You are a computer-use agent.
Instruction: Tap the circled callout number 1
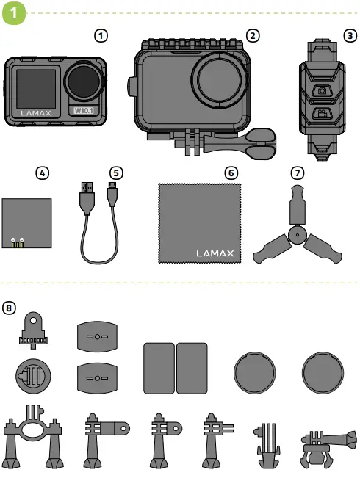tap(103, 35)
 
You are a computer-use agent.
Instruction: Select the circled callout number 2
tap(253, 35)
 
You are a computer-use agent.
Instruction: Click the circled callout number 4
tap(43, 173)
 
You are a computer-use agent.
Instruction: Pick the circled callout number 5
tap(116, 173)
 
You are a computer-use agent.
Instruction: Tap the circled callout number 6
tap(231, 173)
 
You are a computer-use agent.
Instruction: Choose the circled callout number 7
tap(297, 173)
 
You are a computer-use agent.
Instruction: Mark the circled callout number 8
tap(9, 308)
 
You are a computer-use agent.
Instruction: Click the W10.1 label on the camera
tap(86, 111)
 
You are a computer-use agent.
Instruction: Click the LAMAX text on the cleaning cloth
tap(216, 254)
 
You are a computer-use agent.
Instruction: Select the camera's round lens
tap(87, 80)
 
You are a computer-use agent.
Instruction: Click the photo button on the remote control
tap(322, 92)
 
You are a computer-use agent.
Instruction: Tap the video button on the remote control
tap(322, 115)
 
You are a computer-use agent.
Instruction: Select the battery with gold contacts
tap(26, 224)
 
